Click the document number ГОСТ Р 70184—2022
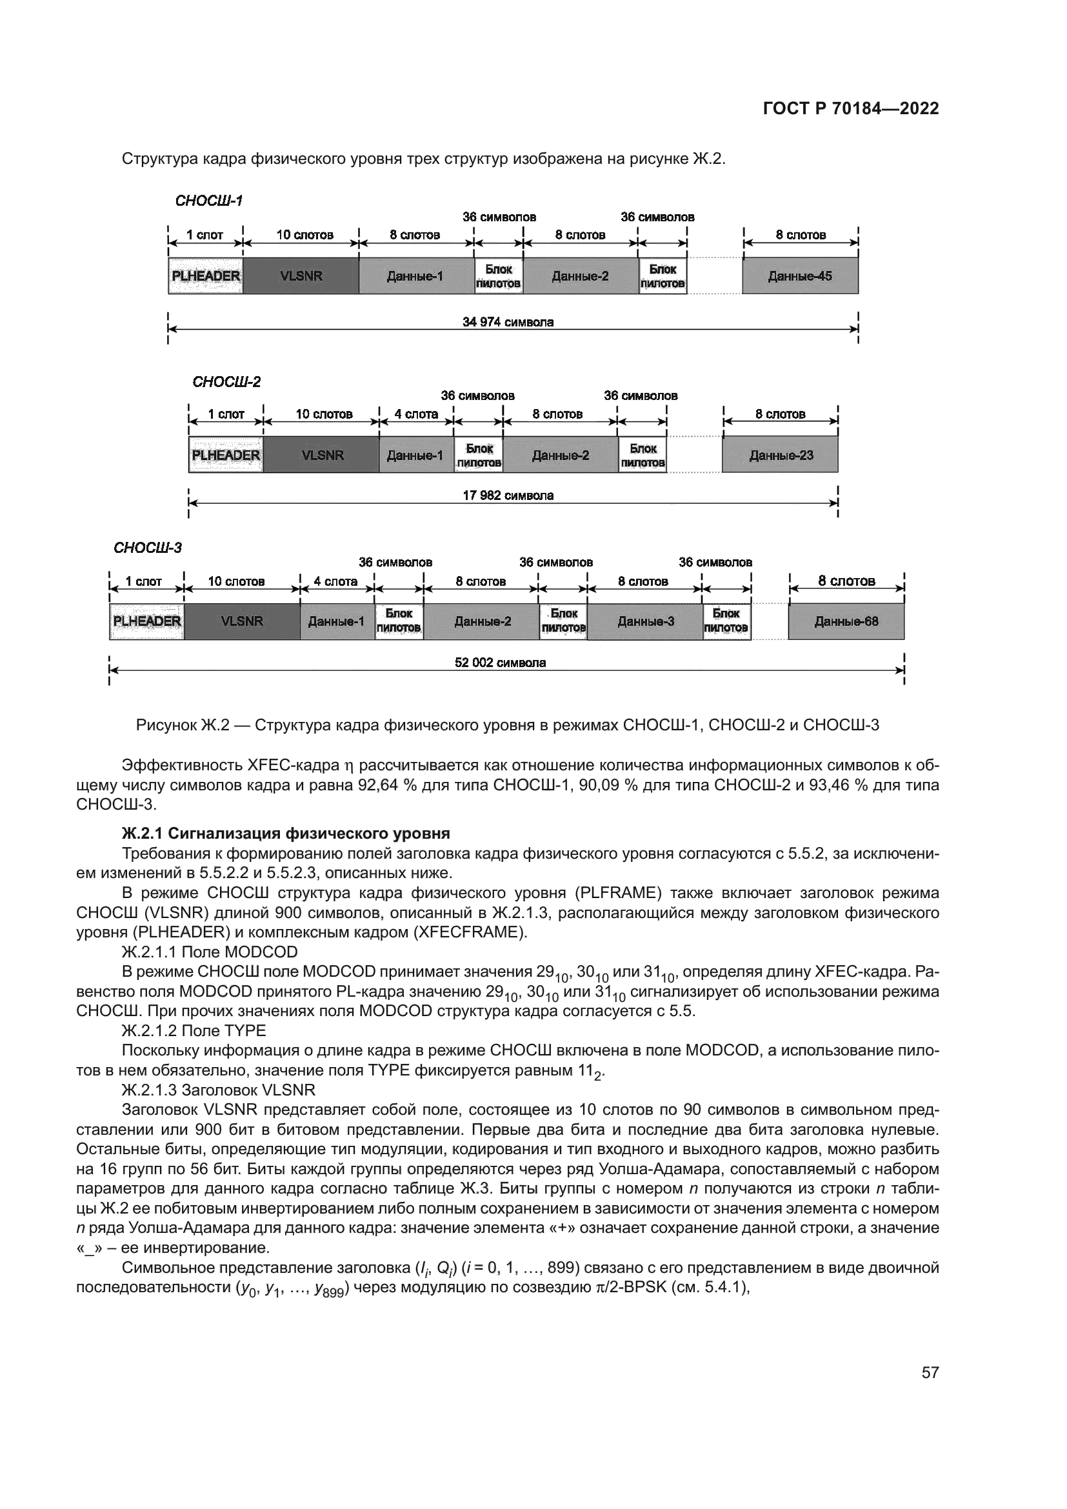click(x=851, y=109)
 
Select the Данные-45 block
click(x=799, y=276)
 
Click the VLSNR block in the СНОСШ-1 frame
click(x=301, y=276)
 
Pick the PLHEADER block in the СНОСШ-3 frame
click(x=146, y=621)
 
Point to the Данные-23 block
click(x=780, y=455)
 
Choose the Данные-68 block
click(x=846, y=621)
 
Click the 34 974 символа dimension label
click(x=508, y=322)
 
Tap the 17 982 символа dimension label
click(x=508, y=495)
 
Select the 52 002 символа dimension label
click(x=500, y=663)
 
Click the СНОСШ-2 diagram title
click(x=226, y=382)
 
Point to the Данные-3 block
click(x=645, y=621)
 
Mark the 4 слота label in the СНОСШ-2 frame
click(x=416, y=414)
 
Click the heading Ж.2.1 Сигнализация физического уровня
click(x=286, y=834)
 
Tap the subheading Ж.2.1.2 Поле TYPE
click(x=194, y=1030)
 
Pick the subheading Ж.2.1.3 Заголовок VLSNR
click(x=218, y=1090)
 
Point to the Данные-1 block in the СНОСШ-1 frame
click(x=415, y=276)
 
